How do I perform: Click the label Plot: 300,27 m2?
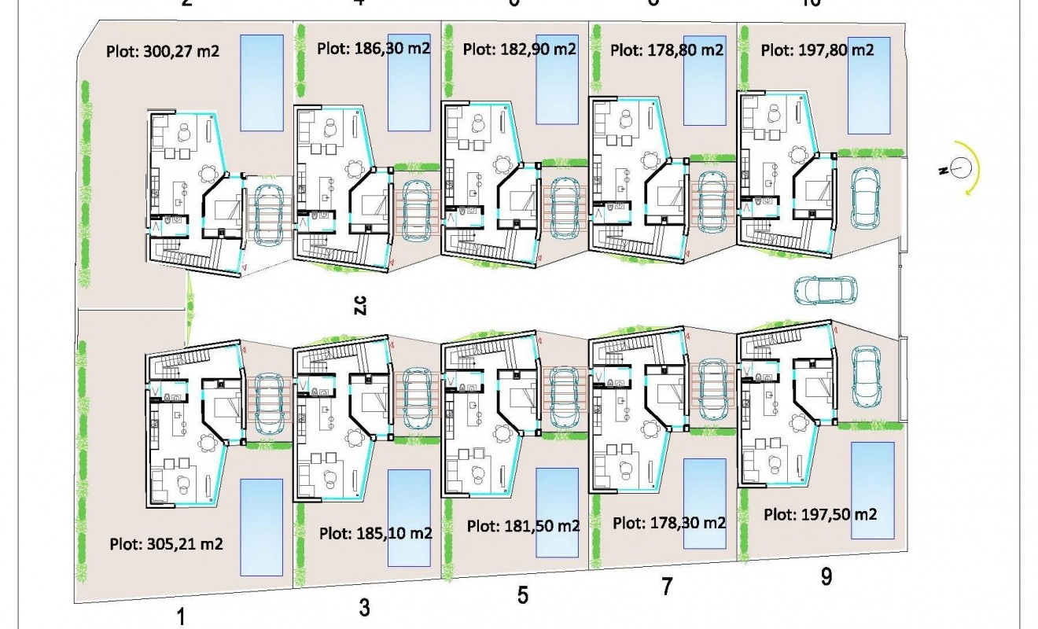click(x=162, y=53)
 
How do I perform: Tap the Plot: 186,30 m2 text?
click(x=374, y=48)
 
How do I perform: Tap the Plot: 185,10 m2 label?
click(x=376, y=533)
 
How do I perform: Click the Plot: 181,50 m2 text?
click(x=524, y=526)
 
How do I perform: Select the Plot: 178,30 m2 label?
click(x=669, y=522)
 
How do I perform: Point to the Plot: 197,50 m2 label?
click(x=820, y=515)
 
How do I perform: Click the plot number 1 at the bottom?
click(x=182, y=617)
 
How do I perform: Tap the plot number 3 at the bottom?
click(x=364, y=607)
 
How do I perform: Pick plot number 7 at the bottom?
click(x=667, y=587)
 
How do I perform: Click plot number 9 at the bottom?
click(x=826, y=577)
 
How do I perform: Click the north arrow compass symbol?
click(x=960, y=167)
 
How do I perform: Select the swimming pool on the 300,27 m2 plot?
click(x=261, y=82)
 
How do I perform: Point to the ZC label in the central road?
click(x=359, y=306)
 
